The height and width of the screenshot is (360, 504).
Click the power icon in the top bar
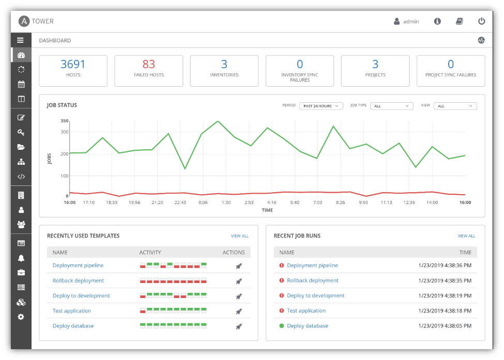tap(481, 21)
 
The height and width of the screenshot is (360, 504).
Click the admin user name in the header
tap(411, 22)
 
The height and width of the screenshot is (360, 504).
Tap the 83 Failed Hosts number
tap(149, 64)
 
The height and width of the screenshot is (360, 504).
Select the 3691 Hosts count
tap(73, 64)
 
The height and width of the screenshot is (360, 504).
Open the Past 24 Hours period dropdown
tap(322, 106)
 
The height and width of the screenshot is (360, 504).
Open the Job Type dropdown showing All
tap(392, 106)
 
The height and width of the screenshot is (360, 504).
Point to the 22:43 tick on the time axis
tap(180, 202)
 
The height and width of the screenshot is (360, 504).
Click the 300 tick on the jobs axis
tap(65, 132)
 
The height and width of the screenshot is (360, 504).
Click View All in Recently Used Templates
tap(239, 236)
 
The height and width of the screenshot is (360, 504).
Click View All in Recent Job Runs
tap(466, 236)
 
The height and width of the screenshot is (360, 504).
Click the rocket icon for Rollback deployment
tap(238, 281)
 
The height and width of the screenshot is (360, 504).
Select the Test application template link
tap(72, 311)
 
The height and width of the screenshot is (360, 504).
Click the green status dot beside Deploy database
tap(282, 326)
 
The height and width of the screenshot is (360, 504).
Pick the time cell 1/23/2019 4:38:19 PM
tap(445, 295)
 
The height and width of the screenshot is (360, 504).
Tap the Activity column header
tap(150, 253)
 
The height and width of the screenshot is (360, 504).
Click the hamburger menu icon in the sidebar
tap(21, 40)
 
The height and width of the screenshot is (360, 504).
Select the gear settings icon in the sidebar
tap(21, 317)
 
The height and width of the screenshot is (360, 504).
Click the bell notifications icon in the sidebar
tap(21, 258)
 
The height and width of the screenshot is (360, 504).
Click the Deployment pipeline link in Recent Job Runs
tap(312, 265)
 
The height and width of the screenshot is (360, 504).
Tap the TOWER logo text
tap(42, 21)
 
